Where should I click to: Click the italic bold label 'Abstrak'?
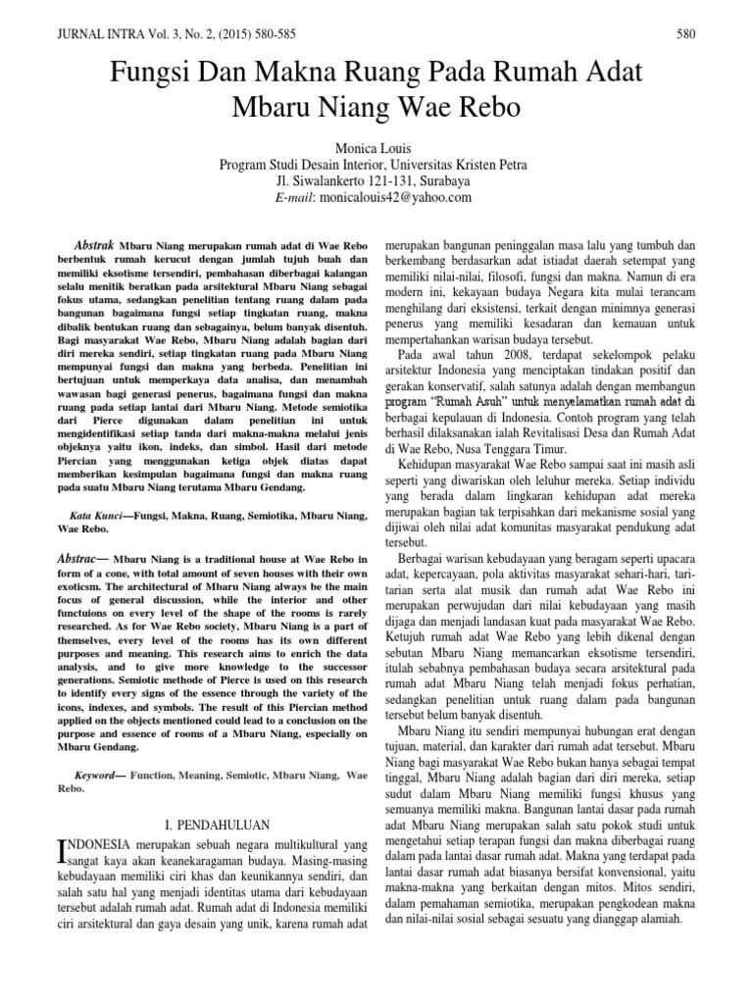[96, 242]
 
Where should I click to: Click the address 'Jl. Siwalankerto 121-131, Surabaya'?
[376, 180]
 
